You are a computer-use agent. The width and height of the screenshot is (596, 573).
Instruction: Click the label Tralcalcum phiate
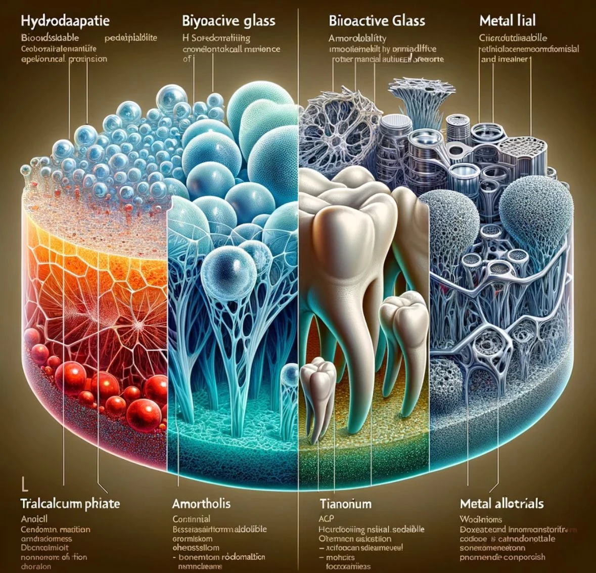pyautogui.click(x=70, y=503)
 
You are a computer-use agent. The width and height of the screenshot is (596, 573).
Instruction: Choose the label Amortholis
pyautogui.click(x=201, y=503)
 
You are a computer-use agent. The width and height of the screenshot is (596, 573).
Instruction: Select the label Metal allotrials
pyautogui.click(x=502, y=503)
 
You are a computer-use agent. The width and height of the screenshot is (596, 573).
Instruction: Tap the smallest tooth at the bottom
pyautogui.click(x=317, y=389)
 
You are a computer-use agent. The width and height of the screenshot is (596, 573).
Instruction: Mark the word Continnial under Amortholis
pyautogui.click(x=192, y=519)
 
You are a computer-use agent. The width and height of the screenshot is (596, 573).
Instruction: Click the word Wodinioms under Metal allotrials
pyautogui.click(x=480, y=519)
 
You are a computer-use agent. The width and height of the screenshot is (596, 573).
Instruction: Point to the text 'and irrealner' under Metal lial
pyautogui.click(x=504, y=59)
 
